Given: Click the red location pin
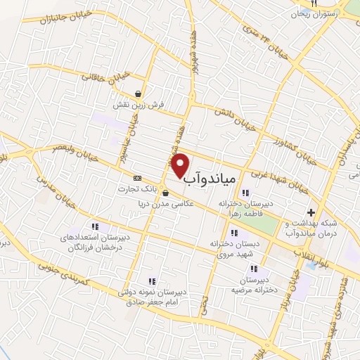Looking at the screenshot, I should pyautogui.click(x=181, y=165).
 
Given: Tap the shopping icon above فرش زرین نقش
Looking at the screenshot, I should pyautogui.click(x=140, y=94).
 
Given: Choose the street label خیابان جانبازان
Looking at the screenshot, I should pyautogui.click(x=46, y=27).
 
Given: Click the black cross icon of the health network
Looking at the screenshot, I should pyautogui.click(x=311, y=212).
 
